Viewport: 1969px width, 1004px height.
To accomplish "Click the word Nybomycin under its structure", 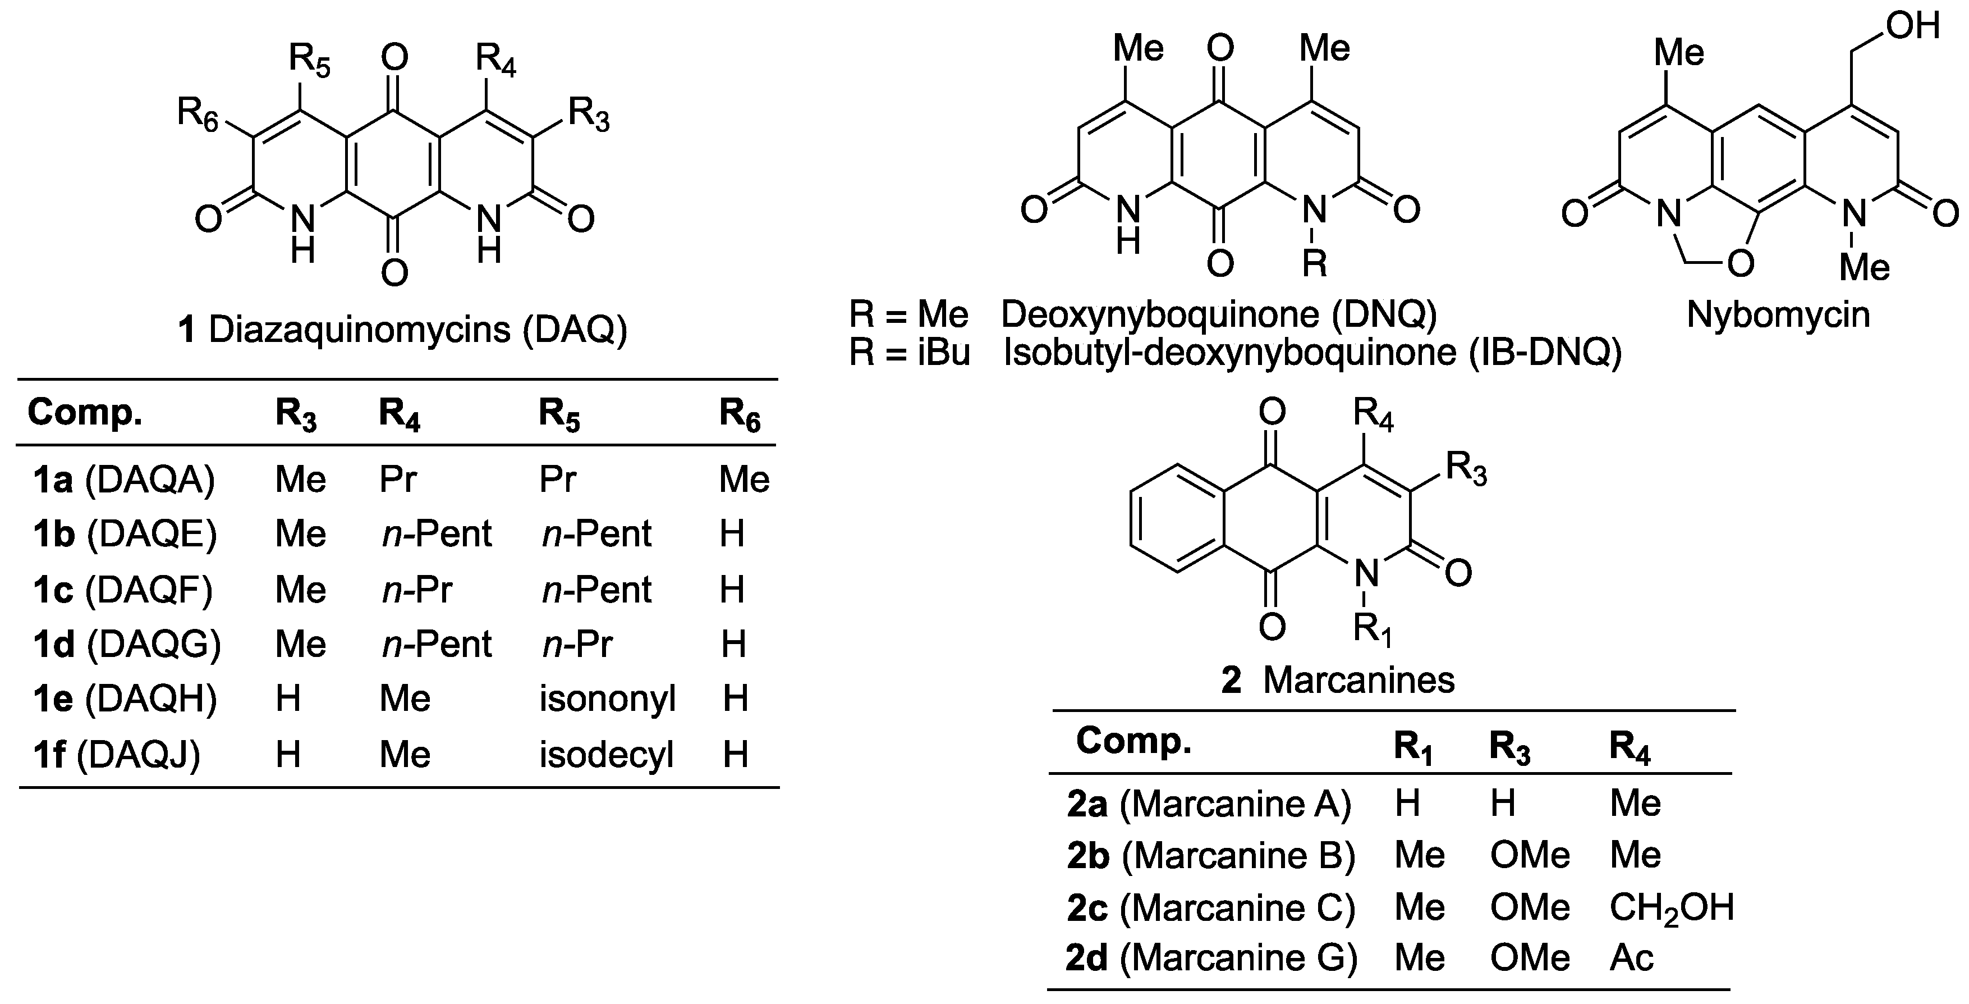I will click(x=1778, y=314).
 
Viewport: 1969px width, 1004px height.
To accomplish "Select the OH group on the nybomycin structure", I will click(x=1912, y=26).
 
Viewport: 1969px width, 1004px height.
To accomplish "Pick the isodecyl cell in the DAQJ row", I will click(x=606, y=755).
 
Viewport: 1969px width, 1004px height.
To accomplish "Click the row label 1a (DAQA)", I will click(x=124, y=480).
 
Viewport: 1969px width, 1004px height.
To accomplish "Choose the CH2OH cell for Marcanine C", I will click(x=1671, y=907).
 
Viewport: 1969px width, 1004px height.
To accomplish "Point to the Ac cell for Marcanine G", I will click(x=1631, y=957).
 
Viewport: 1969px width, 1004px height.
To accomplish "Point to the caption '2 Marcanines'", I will click(x=1338, y=680).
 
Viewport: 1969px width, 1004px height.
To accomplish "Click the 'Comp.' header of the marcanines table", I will click(x=1133, y=740).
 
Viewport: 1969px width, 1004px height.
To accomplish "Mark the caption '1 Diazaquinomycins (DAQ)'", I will click(x=402, y=330).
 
